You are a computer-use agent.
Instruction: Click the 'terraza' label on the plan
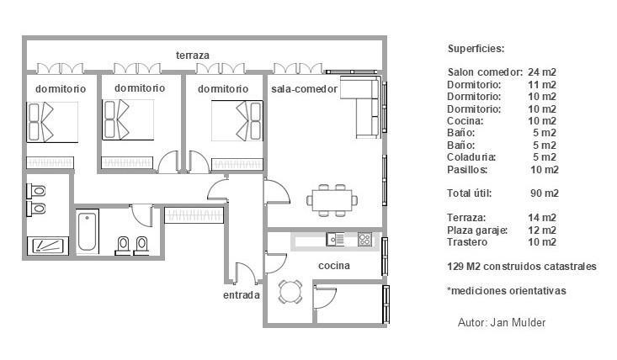coord(192,56)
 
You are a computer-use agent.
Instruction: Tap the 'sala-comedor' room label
coord(304,88)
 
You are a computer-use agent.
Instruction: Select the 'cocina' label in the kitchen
coord(334,266)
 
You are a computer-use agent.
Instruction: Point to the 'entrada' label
coord(241,295)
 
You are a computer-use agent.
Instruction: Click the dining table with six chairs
coord(332,199)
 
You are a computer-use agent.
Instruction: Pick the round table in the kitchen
coord(290,292)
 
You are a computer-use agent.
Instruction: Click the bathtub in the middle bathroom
coord(88,233)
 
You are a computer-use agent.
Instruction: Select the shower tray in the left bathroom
coord(47,245)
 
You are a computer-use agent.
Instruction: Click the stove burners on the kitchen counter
coord(364,240)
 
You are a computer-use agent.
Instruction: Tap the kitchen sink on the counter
coord(336,240)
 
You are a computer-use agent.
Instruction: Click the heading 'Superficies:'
coord(476,49)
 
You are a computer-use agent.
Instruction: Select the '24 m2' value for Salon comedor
coord(542,72)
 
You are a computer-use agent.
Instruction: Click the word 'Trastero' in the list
coord(467,242)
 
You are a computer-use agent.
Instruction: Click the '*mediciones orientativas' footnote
coord(506,291)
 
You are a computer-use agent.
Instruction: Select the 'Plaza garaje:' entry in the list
coord(477,230)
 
